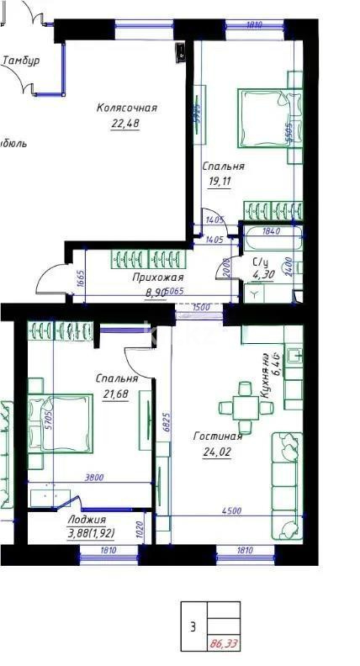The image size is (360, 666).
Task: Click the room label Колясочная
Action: coord(127,108)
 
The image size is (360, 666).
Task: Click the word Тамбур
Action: coord(21,61)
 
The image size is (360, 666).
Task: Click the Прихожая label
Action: coord(157,277)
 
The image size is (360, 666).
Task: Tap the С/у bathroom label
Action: coord(261,262)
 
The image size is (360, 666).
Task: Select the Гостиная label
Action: coord(217,436)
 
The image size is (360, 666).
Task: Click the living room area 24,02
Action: coord(217,452)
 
